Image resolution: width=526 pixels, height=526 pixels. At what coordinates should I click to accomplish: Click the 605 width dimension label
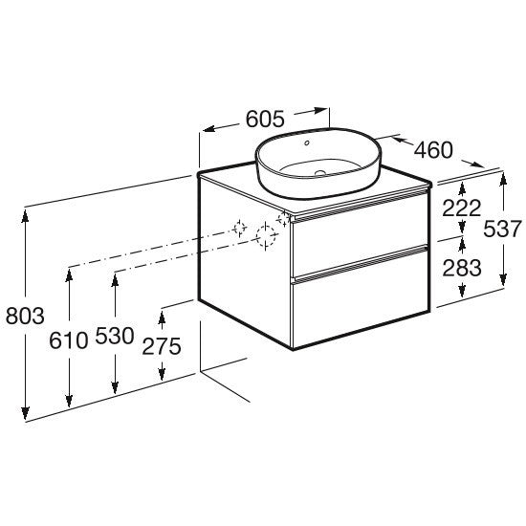tap(265, 119)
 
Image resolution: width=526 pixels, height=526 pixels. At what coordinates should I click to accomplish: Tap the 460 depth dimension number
tap(433, 149)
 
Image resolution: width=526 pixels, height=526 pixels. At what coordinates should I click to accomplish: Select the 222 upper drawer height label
tap(462, 208)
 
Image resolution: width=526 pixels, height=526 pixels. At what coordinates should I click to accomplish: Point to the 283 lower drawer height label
tap(462, 268)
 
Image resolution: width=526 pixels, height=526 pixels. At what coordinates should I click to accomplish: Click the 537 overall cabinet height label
tap(502, 229)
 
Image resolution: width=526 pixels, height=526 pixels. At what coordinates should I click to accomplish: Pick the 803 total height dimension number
tap(25, 316)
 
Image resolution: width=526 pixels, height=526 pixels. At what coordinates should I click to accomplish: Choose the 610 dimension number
tap(69, 340)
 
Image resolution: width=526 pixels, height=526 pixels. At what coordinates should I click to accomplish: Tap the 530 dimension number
tap(115, 336)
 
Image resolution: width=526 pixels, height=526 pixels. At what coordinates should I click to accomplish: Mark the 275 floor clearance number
tap(162, 346)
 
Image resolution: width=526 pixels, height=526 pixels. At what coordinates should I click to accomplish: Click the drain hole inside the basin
tap(320, 173)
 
